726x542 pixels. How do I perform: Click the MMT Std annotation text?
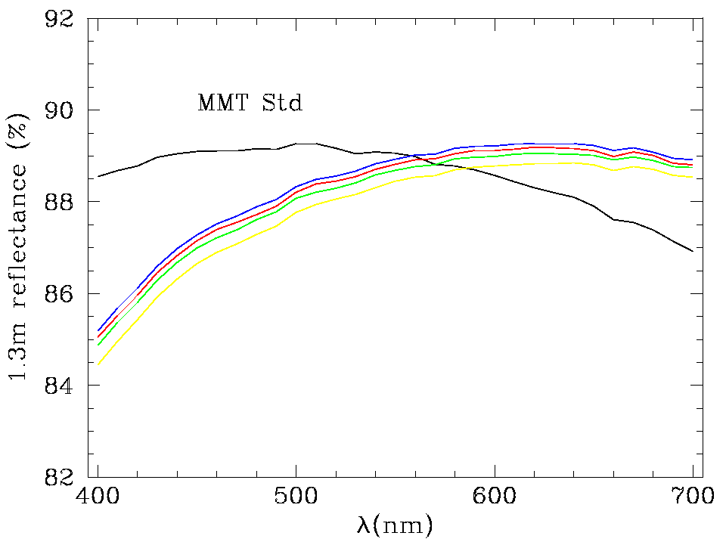point(250,103)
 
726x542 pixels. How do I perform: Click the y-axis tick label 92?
point(61,19)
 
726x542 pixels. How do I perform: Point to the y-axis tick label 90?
point(61,110)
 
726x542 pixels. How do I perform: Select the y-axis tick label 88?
point(61,202)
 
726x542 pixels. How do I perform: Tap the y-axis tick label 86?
point(61,293)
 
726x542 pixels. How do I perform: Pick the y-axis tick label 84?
point(61,385)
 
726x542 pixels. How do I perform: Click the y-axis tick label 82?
point(61,476)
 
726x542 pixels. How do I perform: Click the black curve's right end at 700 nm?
point(693,251)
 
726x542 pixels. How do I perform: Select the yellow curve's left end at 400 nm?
point(98,364)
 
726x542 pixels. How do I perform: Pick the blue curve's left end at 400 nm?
point(98,330)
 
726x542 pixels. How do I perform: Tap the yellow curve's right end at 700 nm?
point(693,178)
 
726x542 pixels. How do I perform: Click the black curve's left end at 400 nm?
point(98,176)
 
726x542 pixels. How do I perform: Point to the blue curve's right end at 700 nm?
point(693,160)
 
